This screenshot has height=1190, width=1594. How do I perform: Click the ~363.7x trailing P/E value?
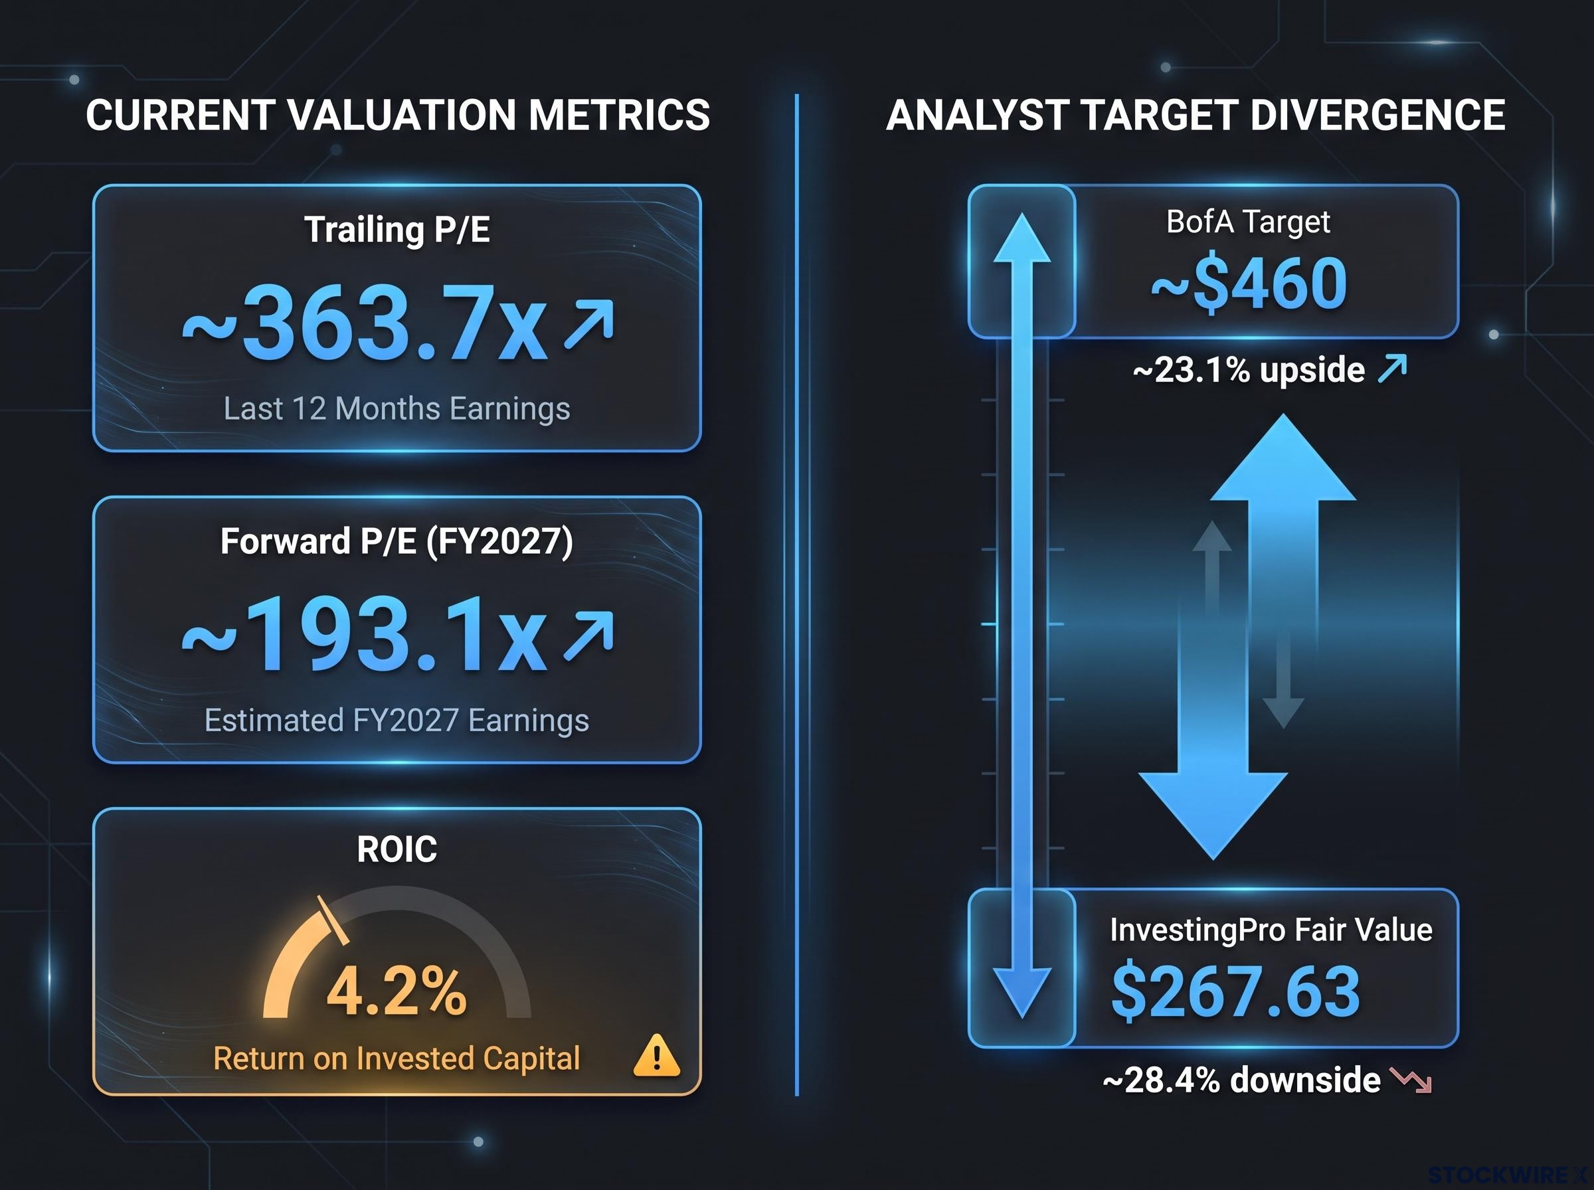tap(364, 322)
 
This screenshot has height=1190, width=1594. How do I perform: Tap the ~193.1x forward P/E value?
tap(364, 635)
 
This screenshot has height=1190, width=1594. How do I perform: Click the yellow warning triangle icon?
tap(656, 1055)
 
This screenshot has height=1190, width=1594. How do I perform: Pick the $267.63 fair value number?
tap(1236, 991)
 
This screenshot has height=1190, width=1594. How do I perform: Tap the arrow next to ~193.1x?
tap(589, 636)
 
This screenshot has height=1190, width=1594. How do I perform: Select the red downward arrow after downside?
tap(1410, 1080)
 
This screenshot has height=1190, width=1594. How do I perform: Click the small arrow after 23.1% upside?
tap(1392, 368)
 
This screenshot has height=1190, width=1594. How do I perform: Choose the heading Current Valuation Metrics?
tap(398, 116)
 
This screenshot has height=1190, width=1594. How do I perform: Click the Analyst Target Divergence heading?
tap(1195, 116)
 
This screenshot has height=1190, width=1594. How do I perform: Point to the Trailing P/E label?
tap(397, 230)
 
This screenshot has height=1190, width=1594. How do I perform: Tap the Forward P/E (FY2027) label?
tap(397, 542)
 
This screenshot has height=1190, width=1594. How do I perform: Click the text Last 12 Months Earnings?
tap(397, 408)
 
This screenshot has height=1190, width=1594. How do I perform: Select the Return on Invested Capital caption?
tap(397, 1058)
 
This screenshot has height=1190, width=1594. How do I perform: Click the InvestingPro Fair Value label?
tap(1271, 930)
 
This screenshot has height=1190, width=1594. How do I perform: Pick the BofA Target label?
tap(1248, 222)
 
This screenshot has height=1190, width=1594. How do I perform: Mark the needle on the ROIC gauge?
tap(333, 920)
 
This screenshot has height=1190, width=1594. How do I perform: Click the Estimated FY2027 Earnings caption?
tap(397, 721)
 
